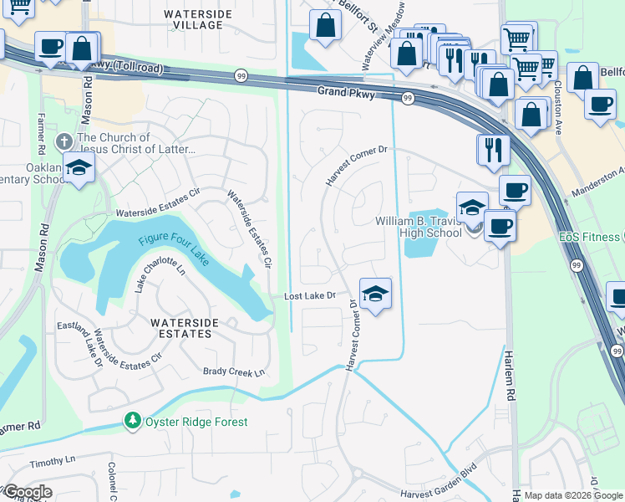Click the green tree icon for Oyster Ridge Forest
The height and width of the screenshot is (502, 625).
pyautogui.click(x=131, y=421)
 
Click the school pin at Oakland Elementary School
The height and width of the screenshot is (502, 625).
pyautogui.click(x=79, y=166)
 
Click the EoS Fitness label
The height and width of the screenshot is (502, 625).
pyautogui.click(x=591, y=237)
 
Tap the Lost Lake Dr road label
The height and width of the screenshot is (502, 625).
pyautogui.click(x=309, y=296)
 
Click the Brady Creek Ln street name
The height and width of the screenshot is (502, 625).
pyautogui.click(x=234, y=371)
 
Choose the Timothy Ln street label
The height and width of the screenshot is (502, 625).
pyautogui.click(x=52, y=460)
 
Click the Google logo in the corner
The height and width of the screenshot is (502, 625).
pyautogui.click(x=27, y=492)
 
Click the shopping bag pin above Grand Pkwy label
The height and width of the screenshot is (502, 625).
pyautogui.click(x=324, y=26)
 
